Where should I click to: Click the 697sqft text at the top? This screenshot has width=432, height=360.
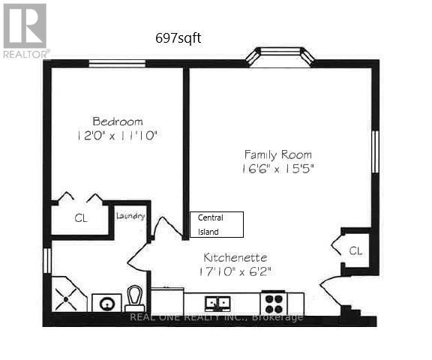pos(177,37)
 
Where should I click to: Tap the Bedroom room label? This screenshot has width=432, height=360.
pos(117,121)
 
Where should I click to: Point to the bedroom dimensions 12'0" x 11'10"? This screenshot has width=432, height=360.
pos(118,136)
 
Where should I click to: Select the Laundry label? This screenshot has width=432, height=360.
pos(130,216)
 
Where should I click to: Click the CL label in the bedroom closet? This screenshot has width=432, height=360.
pos(80,219)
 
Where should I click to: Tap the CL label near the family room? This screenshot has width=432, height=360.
pos(355,250)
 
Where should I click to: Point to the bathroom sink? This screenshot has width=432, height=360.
pos(106,304)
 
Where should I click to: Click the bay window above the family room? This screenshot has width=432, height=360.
pos(279,56)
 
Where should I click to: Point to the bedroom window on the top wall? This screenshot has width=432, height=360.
pos(118,64)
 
